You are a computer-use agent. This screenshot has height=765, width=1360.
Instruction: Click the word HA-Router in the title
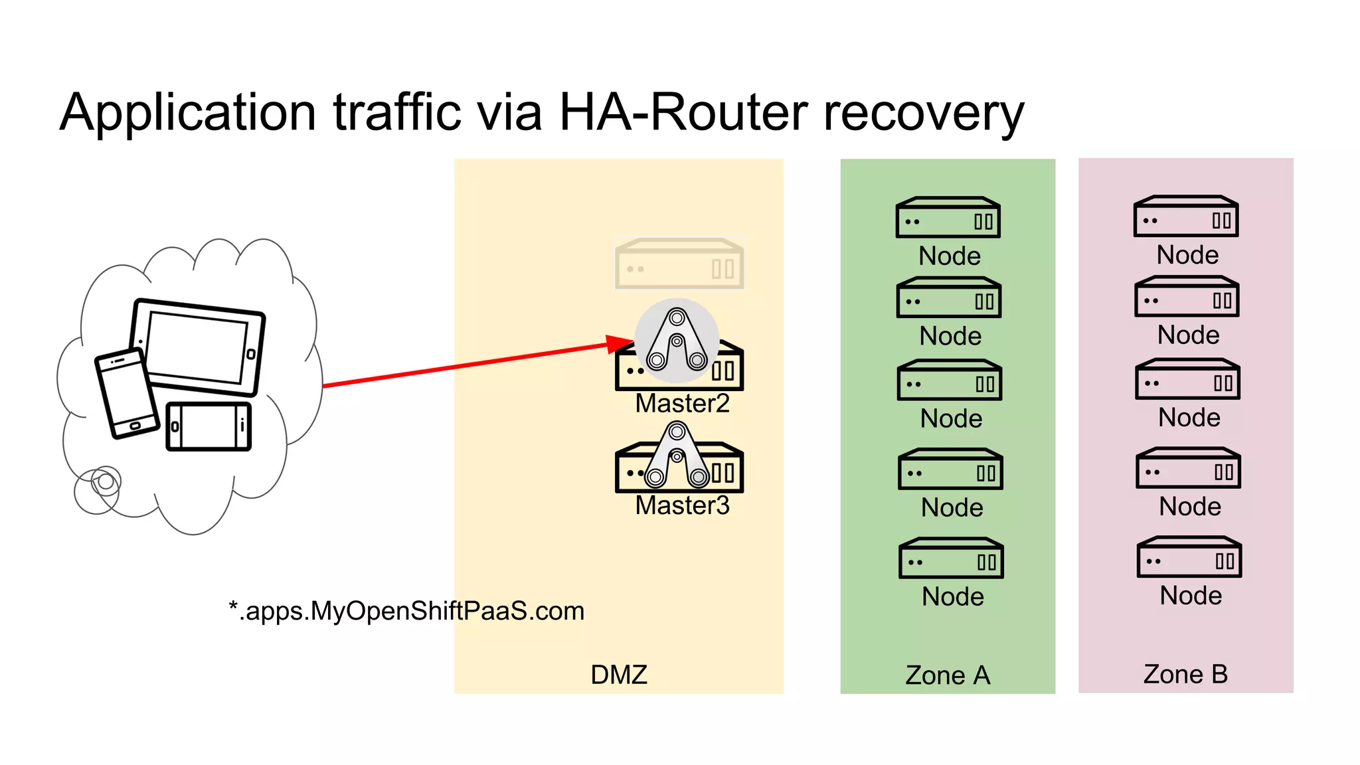(684, 112)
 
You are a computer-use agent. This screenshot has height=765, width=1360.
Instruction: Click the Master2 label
(682, 403)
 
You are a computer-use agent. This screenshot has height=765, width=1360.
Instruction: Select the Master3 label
(682, 505)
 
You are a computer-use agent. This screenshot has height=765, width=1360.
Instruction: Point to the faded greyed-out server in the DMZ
(679, 264)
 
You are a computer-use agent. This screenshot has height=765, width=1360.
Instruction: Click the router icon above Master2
(677, 341)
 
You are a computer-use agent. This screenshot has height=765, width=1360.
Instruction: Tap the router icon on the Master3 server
(677, 456)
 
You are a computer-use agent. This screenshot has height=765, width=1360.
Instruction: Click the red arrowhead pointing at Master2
(620, 344)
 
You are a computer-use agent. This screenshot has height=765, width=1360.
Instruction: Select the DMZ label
(618, 675)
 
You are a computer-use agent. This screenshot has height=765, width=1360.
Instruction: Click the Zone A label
(948, 675)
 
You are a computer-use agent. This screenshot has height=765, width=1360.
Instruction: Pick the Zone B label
(1185, 674)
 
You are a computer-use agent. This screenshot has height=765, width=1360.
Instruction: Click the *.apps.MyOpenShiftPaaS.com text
(406, 611)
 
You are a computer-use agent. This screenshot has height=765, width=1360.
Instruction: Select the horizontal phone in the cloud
(209, 426)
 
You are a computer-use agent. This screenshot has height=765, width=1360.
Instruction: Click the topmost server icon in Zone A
(948, 218)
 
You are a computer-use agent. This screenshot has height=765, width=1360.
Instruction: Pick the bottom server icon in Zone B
(1189, 558)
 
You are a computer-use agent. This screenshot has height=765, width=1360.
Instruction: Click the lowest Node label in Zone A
(952, 596)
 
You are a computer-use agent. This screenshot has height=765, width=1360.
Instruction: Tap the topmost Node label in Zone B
(1187, 255)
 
